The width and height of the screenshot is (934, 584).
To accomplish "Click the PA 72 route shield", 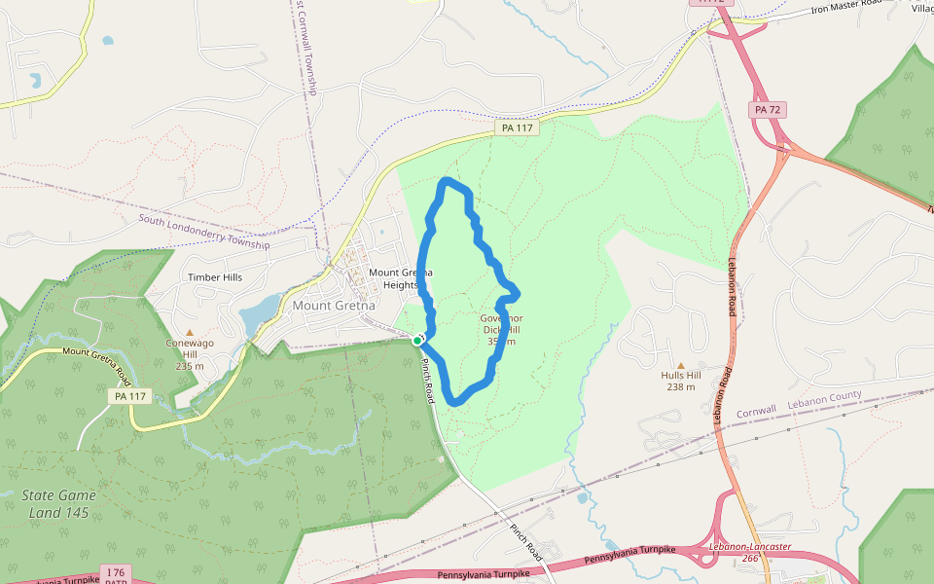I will [768, 110].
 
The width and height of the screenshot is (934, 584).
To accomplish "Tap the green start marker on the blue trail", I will [417, 340].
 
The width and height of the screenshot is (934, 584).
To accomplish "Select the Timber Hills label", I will [215, 277].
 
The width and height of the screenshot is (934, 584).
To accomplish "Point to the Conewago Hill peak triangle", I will [190, 333].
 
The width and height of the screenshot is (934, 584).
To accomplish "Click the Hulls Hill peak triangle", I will [681, 365].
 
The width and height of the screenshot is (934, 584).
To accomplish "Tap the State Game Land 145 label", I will [58, 503].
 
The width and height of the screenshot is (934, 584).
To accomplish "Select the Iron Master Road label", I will [846, 10].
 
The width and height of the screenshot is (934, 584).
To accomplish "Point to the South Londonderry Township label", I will [203, 232].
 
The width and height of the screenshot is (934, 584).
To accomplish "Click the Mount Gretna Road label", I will [95, 359].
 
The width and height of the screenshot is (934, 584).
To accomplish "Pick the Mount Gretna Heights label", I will [400, 278].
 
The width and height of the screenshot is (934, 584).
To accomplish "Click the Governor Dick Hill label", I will [502, 330].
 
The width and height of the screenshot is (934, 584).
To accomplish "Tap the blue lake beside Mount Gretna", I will [258, 313].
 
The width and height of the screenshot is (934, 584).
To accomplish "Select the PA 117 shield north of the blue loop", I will [516, 128].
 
